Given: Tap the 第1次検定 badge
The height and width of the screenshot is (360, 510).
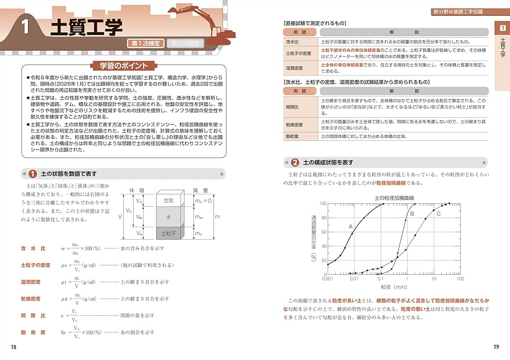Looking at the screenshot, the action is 145,44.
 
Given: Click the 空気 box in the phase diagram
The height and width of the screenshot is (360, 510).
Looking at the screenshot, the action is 169,201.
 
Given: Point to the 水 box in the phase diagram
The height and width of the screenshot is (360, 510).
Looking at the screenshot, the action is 169,217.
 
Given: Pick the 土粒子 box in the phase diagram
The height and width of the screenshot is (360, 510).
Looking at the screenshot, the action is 169,233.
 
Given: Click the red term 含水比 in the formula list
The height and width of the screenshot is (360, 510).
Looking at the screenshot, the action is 33,248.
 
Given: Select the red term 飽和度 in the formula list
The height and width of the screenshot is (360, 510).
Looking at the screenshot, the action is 33,332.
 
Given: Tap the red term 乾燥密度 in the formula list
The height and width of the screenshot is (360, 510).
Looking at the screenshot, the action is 31,299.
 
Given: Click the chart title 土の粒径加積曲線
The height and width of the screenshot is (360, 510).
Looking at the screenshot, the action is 393,197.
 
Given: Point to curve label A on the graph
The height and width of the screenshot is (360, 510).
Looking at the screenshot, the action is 351,226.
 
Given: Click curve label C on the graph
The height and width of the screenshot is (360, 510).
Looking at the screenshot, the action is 439,214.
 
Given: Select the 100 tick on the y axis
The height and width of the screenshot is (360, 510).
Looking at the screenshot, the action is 322,203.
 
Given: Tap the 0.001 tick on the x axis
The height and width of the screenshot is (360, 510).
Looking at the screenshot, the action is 328,279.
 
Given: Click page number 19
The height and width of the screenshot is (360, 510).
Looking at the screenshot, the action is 496,347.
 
